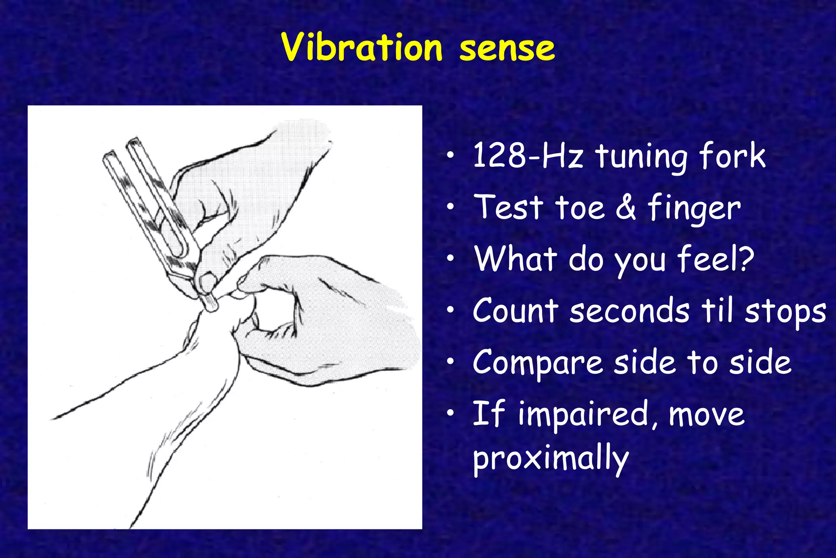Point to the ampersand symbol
pos(626,208)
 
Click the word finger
pos(694,208)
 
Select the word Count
pos(515,310)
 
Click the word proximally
pos(550,459)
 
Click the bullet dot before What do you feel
pos(450,259)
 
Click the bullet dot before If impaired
pos(450,413)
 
